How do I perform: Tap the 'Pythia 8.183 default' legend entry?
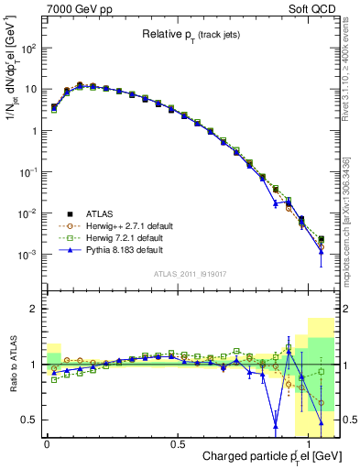pyautogui.click(x=125, y=248)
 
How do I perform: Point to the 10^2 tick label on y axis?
pyautogui.click(x=26, y=49)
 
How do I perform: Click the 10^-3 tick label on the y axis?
pyautogui.click(x=26, y=255)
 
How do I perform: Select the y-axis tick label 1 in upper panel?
pyautogui.click(x=32, y=131)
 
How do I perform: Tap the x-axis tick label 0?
pyautogui.click(x=47, y=444)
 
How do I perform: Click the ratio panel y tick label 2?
pyautogui.click(x=32, y=310)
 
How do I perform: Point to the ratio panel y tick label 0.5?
pyautogui.click(x=27, y=420)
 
